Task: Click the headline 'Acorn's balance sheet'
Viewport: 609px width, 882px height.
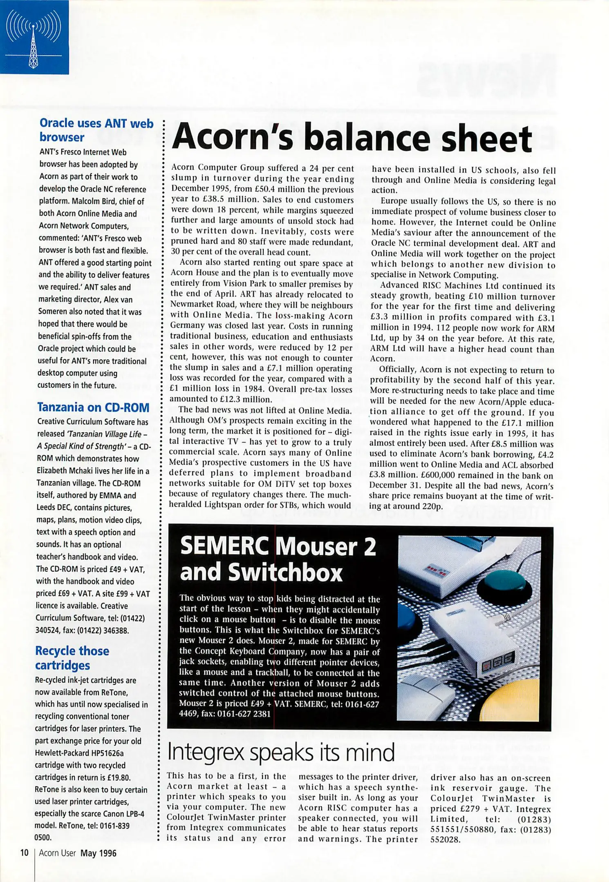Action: (352, 138)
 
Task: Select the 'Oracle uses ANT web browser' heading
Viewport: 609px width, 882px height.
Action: (96, 130)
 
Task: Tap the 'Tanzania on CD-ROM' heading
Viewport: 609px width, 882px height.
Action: (93, 407)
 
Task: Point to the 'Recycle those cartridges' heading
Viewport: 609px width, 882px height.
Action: (72, 658)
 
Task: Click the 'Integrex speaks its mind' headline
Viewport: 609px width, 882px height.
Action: (281, 753)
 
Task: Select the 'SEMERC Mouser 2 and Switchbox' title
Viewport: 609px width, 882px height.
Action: (278, 559)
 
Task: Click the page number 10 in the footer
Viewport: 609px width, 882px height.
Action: (25, 853)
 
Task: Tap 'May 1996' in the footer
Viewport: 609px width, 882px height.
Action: (99, 853)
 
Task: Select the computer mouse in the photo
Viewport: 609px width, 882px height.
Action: (425, 694)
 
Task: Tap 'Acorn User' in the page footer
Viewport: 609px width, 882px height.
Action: (57, 853)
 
